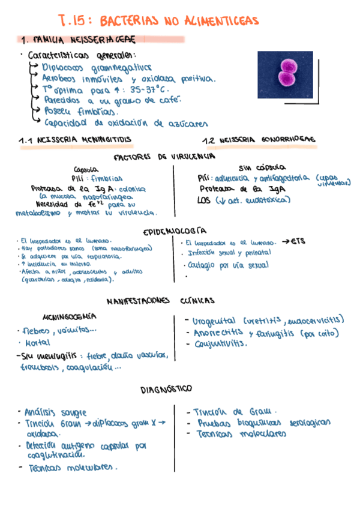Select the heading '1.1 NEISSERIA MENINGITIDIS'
click(75, 140)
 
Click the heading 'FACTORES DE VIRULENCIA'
click(164, 157)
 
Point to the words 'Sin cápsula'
click(262, 167)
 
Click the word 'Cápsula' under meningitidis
click(86, 169)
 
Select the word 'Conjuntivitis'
click(220, 344)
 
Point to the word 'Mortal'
click(37, 343)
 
